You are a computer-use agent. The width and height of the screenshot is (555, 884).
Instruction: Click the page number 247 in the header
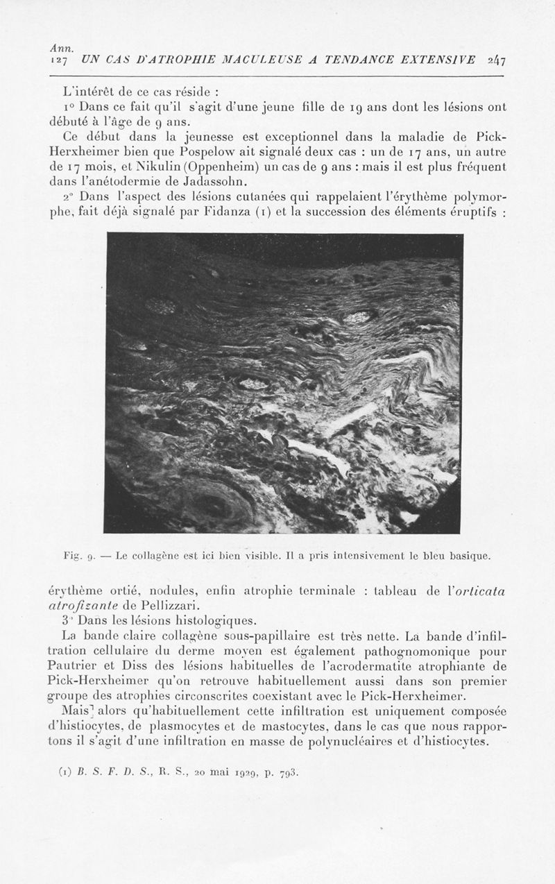496,60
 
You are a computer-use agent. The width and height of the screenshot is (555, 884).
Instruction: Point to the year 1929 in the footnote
241,772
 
